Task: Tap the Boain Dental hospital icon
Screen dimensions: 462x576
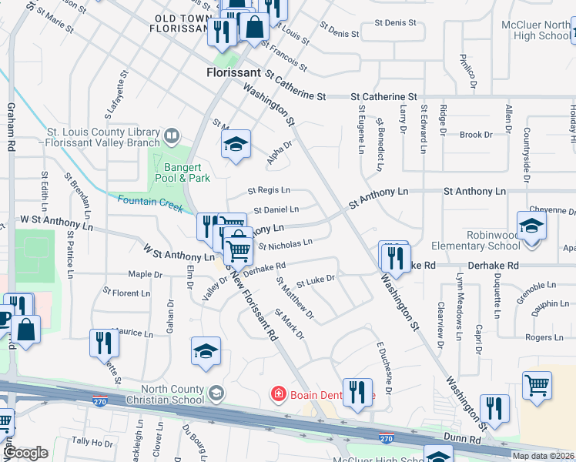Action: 276,395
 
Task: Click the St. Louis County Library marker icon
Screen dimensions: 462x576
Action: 172,137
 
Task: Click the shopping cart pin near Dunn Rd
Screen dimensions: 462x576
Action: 537,384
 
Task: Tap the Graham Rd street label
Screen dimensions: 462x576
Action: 11,127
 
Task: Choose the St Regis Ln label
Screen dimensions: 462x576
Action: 269,190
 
